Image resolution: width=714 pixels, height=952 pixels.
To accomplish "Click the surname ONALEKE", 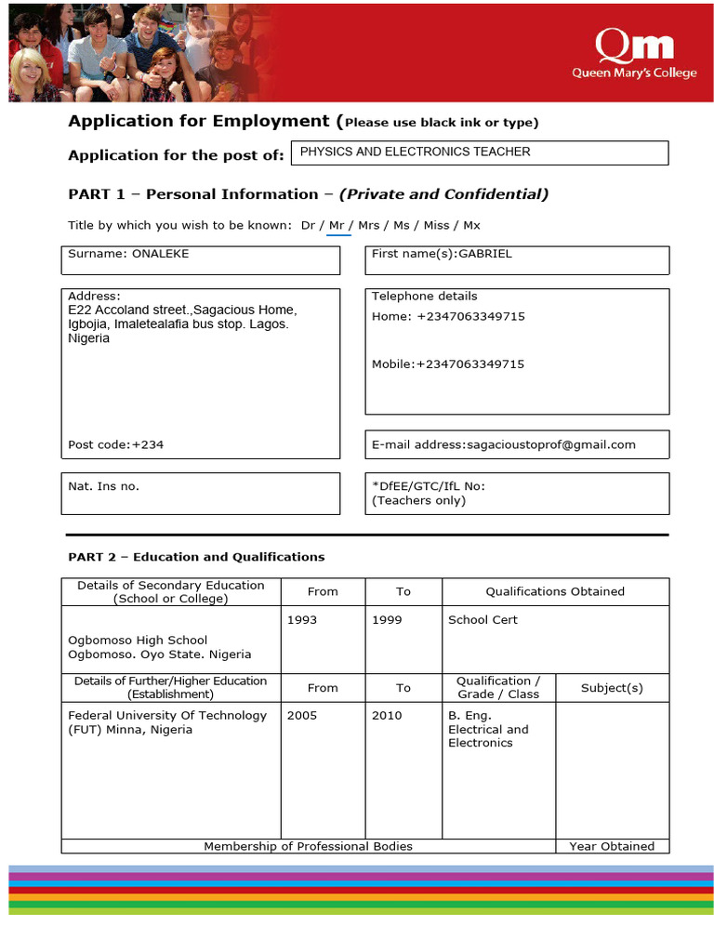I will pos(161,254).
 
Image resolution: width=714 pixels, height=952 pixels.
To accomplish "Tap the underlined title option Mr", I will pos(337,226).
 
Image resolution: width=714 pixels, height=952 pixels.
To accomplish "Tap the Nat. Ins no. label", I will pos(103,486).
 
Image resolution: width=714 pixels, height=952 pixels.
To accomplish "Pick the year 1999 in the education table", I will pos(387,620).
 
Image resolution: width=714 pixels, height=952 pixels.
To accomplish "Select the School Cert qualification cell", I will pos(483,620).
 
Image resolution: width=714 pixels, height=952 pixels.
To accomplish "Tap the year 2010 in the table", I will pos(387,716).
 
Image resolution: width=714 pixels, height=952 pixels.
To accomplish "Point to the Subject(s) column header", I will pos(612,688).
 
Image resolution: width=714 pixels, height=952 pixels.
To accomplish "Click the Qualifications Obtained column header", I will pos(555,591).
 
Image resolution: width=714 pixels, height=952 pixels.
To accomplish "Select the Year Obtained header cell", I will pos(612,846).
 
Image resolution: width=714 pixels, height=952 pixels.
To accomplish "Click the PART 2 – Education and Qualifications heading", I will pos(196,557).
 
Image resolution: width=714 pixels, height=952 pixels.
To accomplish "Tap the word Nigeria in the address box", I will pos(88,338).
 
